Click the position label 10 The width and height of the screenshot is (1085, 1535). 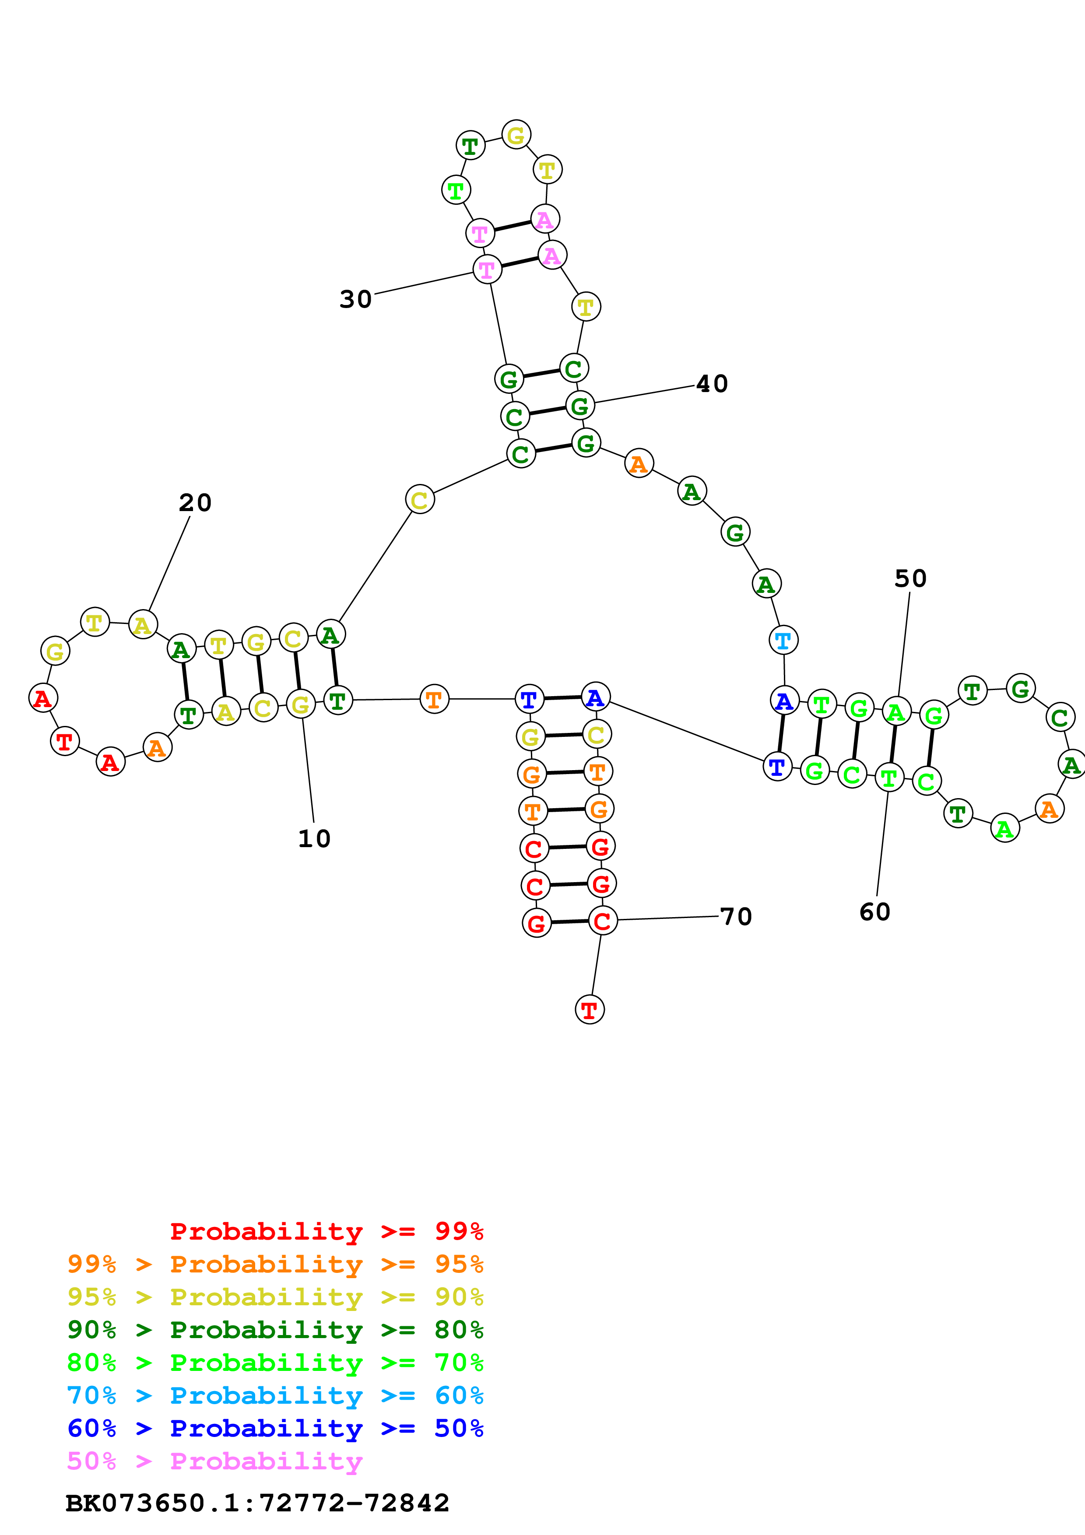tap(314, 838)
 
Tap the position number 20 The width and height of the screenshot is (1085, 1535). tap(195, 503)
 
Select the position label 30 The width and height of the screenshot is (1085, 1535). tap(356, 299)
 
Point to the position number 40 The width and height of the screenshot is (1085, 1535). tap(712, 384)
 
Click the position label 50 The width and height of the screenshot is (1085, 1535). tap(910, 578)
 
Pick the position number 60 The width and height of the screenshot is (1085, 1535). tap(874, 912)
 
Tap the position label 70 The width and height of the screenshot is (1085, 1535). tap(736, 917)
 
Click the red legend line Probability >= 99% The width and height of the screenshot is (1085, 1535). tap(326, 1231)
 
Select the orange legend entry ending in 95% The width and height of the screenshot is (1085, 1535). tap(275, 1264)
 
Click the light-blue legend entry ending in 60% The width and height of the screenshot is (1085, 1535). tap(275, 1395)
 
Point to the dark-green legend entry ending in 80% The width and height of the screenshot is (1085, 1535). tap(275, 1330)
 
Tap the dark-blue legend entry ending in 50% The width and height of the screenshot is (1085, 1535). tap(275, 1428)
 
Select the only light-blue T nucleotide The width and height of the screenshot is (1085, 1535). tap(783, 641)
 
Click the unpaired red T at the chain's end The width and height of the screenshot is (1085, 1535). tap(590, 1010)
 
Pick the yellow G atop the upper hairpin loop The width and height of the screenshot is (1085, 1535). tap(516, 135)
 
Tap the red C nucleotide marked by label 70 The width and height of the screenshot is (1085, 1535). tap(602, 921)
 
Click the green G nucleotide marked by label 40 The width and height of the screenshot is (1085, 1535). tap(579, 405)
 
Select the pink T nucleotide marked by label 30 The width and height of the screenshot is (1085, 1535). tap(487, 270)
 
